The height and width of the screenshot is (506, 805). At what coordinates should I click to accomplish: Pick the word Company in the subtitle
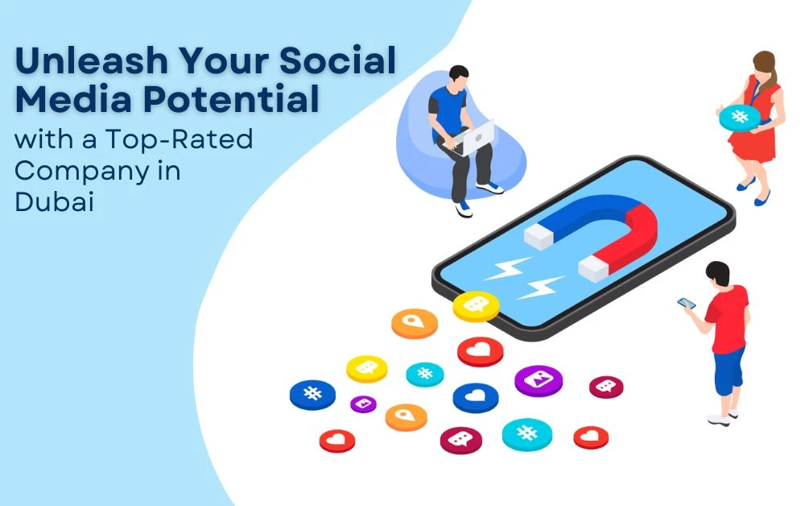point(77,171)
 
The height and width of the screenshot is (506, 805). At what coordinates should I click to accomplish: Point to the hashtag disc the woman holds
point(739,117)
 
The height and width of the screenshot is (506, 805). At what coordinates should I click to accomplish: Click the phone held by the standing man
point(687,304)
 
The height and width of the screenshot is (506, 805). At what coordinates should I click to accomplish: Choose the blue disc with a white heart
point(475,396)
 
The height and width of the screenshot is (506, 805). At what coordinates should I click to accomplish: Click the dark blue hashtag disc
point(312,394)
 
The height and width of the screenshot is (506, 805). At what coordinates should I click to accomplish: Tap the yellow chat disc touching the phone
point(476,305)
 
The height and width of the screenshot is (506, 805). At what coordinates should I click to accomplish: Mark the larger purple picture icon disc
point(538,379)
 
